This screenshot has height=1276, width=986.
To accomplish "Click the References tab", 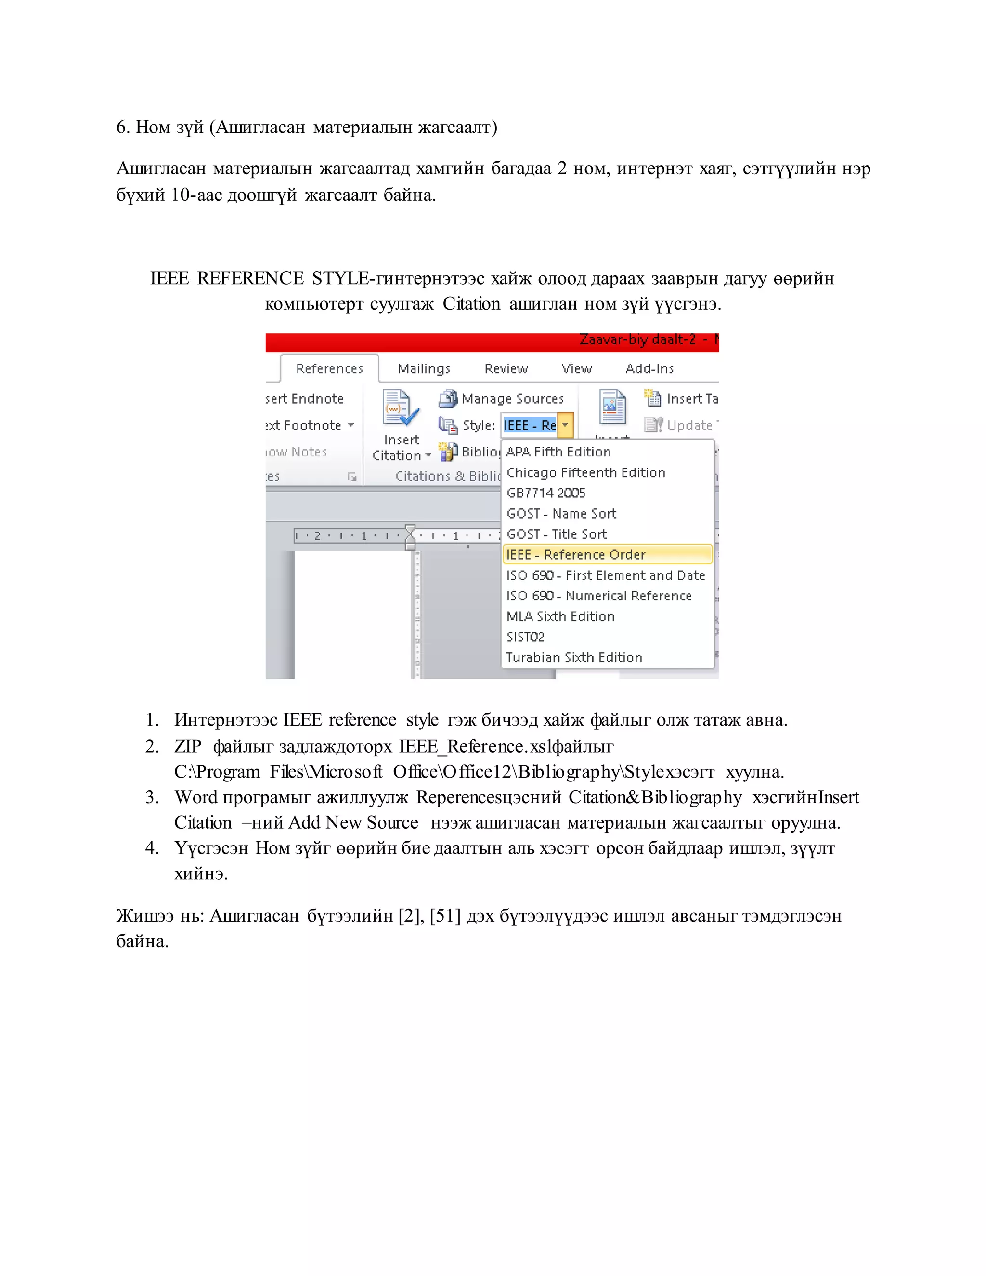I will [x=329, y=369].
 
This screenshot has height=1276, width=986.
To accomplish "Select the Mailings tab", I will [x=424, y=369].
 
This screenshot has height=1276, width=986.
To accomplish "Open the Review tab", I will [x=506, y=369].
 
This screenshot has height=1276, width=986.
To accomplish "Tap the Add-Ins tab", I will [x=649, y=369].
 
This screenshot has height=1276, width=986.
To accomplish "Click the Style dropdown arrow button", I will [x=565, y=425].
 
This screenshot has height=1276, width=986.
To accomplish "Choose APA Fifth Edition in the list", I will [x=558, y=452].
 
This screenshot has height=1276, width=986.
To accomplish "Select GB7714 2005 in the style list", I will [x=545, y=493].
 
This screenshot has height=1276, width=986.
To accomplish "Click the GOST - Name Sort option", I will [x=561, y=514].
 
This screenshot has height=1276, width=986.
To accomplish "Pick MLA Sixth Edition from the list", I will [x=560, y=616].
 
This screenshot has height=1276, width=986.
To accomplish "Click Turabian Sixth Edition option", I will [x=573, y=657].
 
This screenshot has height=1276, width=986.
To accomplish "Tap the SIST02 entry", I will [x=525, y=637].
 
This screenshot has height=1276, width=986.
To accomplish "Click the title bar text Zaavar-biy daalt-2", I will [x=637, y=340].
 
